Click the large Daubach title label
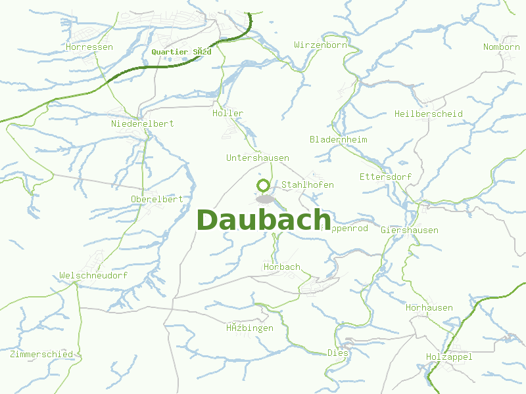(263, 220)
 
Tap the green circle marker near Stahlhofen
(264, 185)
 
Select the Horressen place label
(89, 47)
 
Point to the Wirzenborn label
(320, 45)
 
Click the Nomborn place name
(501, 47)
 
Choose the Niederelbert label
(143, 124)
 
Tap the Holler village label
(227, 114)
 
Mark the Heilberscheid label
(428, 114)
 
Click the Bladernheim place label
(338, 140)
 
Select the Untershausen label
(257, 158)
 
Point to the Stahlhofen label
(307, 185)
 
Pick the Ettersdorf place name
(385, 177)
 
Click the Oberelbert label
(156, 199)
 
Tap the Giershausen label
(409, 230)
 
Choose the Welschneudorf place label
(93, 276)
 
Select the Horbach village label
(281, 267)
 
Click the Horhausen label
(429, 308)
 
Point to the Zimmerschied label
(41, 355)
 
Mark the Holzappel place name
(449, 357)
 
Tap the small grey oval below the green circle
(265, 198)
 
